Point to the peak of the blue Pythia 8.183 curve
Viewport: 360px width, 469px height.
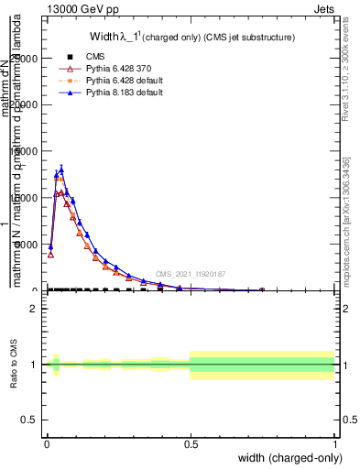point(61,169)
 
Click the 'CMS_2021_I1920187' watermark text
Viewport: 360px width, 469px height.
point(191,274)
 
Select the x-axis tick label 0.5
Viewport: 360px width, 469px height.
point(191,443)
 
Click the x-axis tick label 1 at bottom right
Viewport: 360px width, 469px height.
point(334,443)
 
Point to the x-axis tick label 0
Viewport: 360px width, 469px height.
point(47,443)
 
